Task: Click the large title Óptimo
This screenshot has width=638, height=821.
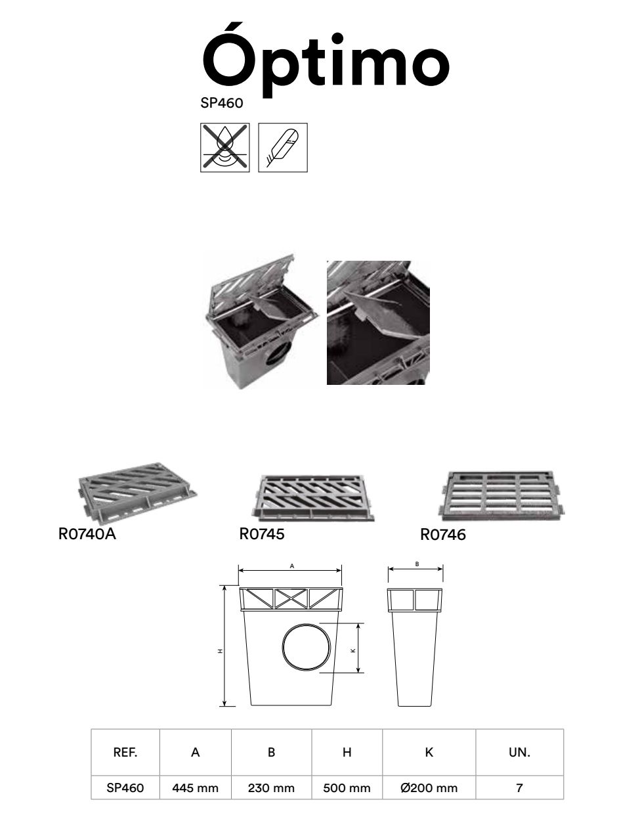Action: (x=326, y=60)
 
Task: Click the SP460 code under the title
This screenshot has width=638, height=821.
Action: (x=222, y=103)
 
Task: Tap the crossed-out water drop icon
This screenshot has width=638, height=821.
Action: (x=225, y=147)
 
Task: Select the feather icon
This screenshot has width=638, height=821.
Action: (x=283, y=147)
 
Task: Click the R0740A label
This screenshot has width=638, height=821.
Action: (x=87, y=534)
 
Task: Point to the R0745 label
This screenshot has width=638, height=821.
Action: (x=262, y=534)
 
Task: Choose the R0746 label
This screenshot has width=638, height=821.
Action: (x=443, y=535)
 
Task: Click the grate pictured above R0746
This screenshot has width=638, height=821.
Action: (x=501, y=494)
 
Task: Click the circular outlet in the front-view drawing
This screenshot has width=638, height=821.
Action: (x=307, y=648)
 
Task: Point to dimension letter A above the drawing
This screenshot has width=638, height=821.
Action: (x=292, y=566)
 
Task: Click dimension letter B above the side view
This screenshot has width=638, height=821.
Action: (x=417, y=564)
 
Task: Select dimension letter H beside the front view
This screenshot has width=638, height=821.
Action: (x=220, y=651)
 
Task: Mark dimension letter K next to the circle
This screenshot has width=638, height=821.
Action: (x=353, y=650)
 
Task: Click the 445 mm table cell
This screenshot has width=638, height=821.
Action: (x=195, y=788)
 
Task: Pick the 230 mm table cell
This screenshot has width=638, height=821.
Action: (x=271, y=788)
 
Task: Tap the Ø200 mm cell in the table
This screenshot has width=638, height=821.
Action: (x=429, y=788)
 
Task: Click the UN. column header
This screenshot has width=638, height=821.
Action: (x=519, y=752)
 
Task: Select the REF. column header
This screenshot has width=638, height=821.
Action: (x=125, y=752)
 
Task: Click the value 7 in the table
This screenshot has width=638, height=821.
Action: (x=519, y=788)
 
